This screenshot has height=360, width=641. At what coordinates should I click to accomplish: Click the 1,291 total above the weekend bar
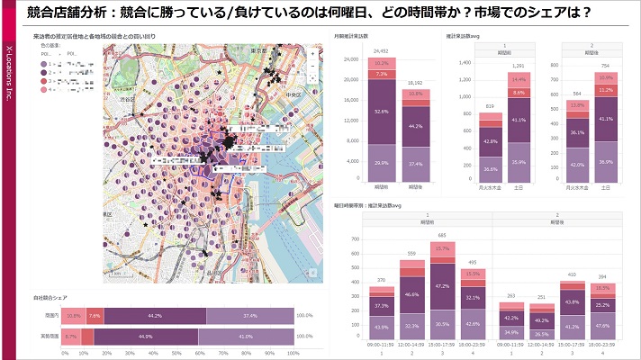(x=518, y=66)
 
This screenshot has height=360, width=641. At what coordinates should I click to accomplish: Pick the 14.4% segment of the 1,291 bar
(x=518, y=80)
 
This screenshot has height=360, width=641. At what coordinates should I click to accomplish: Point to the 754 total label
(x=605, y=66)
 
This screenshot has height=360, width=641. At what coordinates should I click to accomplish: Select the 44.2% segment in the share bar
(x=155, y=316)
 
